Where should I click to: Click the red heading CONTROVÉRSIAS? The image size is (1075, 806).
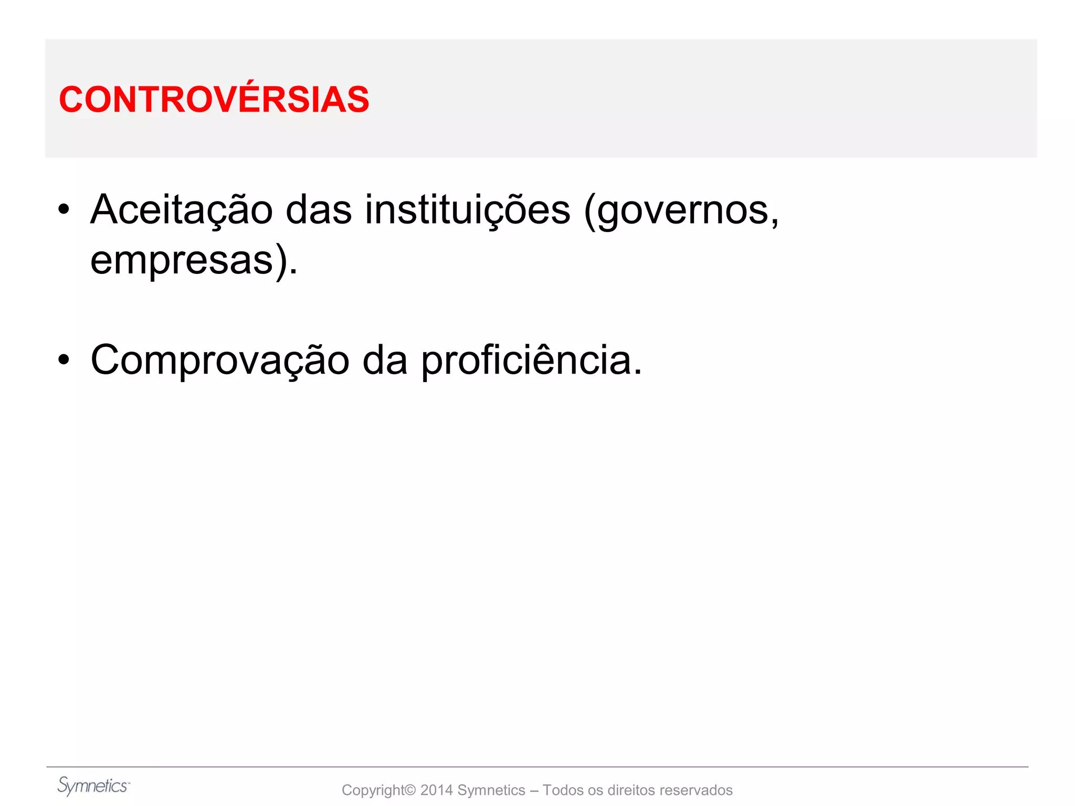[214, 100]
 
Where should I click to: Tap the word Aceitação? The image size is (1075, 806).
[181, 210]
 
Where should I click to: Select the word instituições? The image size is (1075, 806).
[467, 210]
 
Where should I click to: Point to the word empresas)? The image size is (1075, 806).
[193, 261]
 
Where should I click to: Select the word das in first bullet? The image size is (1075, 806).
[318, 210]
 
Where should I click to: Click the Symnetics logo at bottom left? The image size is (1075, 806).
[93, 786]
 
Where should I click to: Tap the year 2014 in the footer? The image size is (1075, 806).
[436, 790]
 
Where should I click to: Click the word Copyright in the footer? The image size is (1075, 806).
[374, 790]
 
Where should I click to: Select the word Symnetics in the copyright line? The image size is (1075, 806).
[491, 790]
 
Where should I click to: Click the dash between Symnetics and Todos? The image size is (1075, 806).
[534, 790]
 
